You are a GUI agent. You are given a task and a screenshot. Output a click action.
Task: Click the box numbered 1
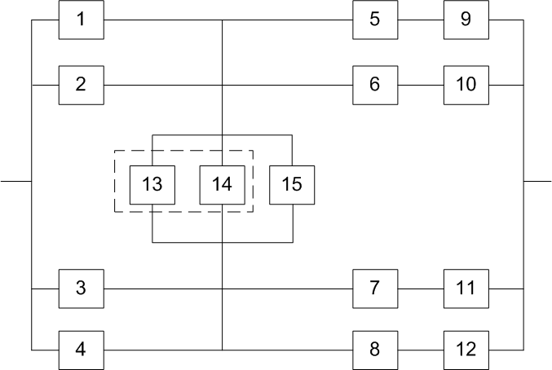81,20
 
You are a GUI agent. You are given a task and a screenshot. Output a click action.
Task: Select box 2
81,85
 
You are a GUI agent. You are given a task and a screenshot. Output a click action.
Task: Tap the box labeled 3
81,289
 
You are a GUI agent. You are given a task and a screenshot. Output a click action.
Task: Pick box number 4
81,350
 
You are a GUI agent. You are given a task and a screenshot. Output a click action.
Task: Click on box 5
374,20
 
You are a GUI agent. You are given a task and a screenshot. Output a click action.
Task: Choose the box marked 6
374,85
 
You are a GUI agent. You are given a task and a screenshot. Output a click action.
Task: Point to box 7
374,289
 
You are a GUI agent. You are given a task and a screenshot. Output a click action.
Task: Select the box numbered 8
374,350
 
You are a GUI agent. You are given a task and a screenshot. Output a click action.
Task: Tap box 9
466,20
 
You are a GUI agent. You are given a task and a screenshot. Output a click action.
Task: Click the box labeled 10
466,85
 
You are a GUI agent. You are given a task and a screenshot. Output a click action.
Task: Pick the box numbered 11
466,289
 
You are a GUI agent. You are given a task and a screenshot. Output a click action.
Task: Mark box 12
466,350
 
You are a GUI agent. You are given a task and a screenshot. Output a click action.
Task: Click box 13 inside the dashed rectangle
152,184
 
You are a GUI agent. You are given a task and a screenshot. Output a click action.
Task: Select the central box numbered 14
222,184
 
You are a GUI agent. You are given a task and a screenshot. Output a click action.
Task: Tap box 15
292,184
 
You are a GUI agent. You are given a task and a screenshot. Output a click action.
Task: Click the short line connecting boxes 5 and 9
420,20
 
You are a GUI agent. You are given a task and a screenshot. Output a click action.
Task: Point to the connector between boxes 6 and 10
420,85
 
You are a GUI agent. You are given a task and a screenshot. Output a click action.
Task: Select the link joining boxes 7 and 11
420,289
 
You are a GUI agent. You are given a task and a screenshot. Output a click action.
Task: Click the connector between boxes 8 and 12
420,350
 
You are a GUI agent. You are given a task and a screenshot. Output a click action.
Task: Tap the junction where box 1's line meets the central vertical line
223,20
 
